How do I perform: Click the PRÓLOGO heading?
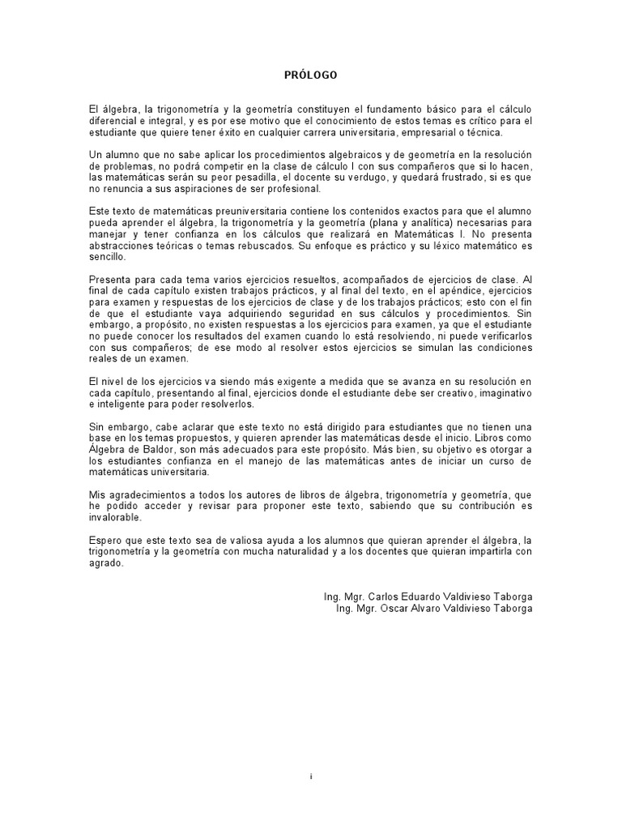click(311, 75)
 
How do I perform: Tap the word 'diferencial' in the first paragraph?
click(113, 121)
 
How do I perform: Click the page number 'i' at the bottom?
click(311, 776)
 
